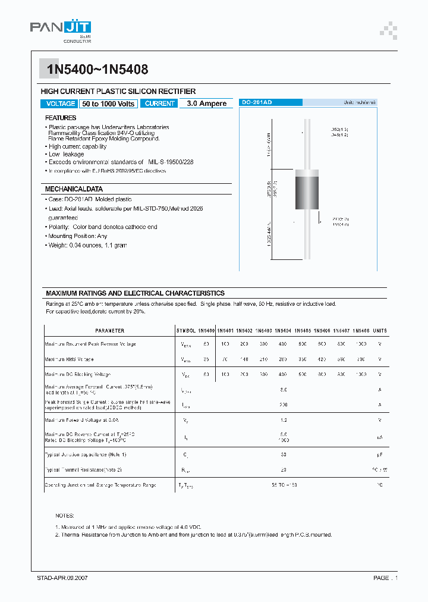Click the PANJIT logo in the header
(61, 29)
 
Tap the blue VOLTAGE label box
(60, 104)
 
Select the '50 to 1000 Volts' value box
(108, 104)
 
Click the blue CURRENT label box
(160, 104)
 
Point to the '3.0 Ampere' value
(206, 104)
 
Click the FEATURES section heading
(61, 118)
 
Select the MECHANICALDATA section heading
(74, 189)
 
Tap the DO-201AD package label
(257, 103)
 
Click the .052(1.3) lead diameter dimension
(339, 129)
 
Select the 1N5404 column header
(283, 331)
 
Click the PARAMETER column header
(109, 331)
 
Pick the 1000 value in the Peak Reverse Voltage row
(361, 344)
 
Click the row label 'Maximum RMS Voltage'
(69, 359)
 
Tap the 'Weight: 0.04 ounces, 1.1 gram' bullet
(88, 245)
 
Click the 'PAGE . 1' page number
(385, 578)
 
